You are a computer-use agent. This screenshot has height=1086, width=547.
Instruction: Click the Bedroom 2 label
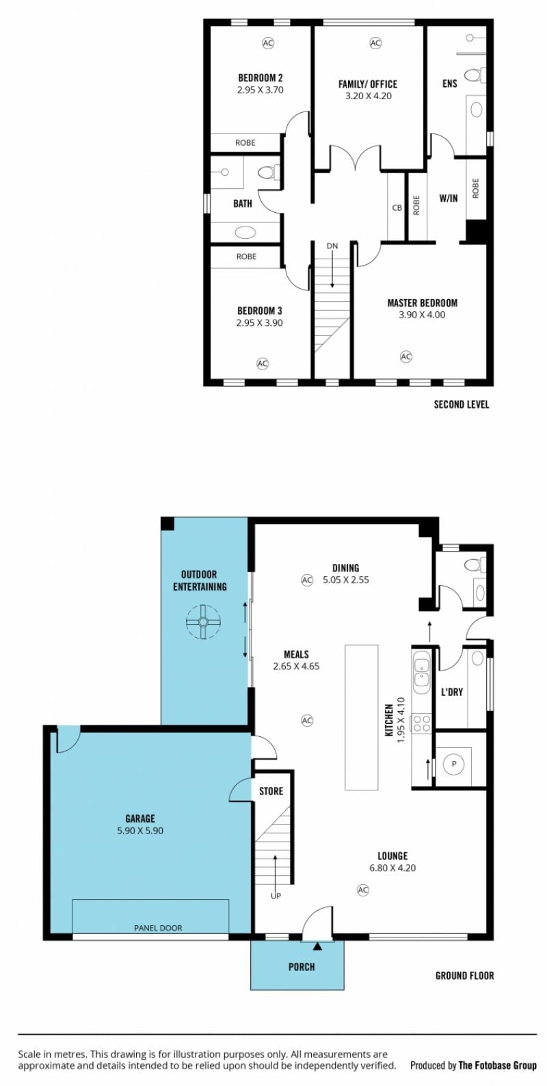point(261,77)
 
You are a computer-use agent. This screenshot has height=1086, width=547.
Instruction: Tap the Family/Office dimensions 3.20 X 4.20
point(369,96)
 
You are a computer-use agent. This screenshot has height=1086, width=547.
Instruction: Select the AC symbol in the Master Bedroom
point(405,357)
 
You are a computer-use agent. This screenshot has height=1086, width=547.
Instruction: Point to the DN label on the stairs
point(332,246)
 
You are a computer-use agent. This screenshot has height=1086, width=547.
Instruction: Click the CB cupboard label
point(397,207)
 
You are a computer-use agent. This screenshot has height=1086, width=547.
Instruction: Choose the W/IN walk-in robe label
point(448,198)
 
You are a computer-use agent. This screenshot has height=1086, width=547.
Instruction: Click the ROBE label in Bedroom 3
point(246,257)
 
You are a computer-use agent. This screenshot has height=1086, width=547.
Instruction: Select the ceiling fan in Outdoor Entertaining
point(203,621)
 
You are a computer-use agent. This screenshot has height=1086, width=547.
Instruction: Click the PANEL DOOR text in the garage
point(158,928)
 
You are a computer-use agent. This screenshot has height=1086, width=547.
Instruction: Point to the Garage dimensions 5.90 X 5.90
point(140,831)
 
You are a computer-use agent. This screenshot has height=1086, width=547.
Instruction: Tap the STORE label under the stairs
point(271,791)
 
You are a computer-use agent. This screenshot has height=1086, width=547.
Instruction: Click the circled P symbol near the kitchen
point(454,764)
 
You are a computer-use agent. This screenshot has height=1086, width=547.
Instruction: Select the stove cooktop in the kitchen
point(420,723)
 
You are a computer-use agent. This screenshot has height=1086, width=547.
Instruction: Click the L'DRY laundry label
point(451,693)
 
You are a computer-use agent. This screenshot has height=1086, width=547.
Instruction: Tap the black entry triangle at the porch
point(317,946)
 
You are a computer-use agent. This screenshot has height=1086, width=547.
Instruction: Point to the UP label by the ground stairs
point(275,896)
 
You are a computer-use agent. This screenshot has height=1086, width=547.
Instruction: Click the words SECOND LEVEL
point(462,404)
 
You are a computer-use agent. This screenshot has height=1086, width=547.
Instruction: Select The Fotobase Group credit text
point(498,1065)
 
